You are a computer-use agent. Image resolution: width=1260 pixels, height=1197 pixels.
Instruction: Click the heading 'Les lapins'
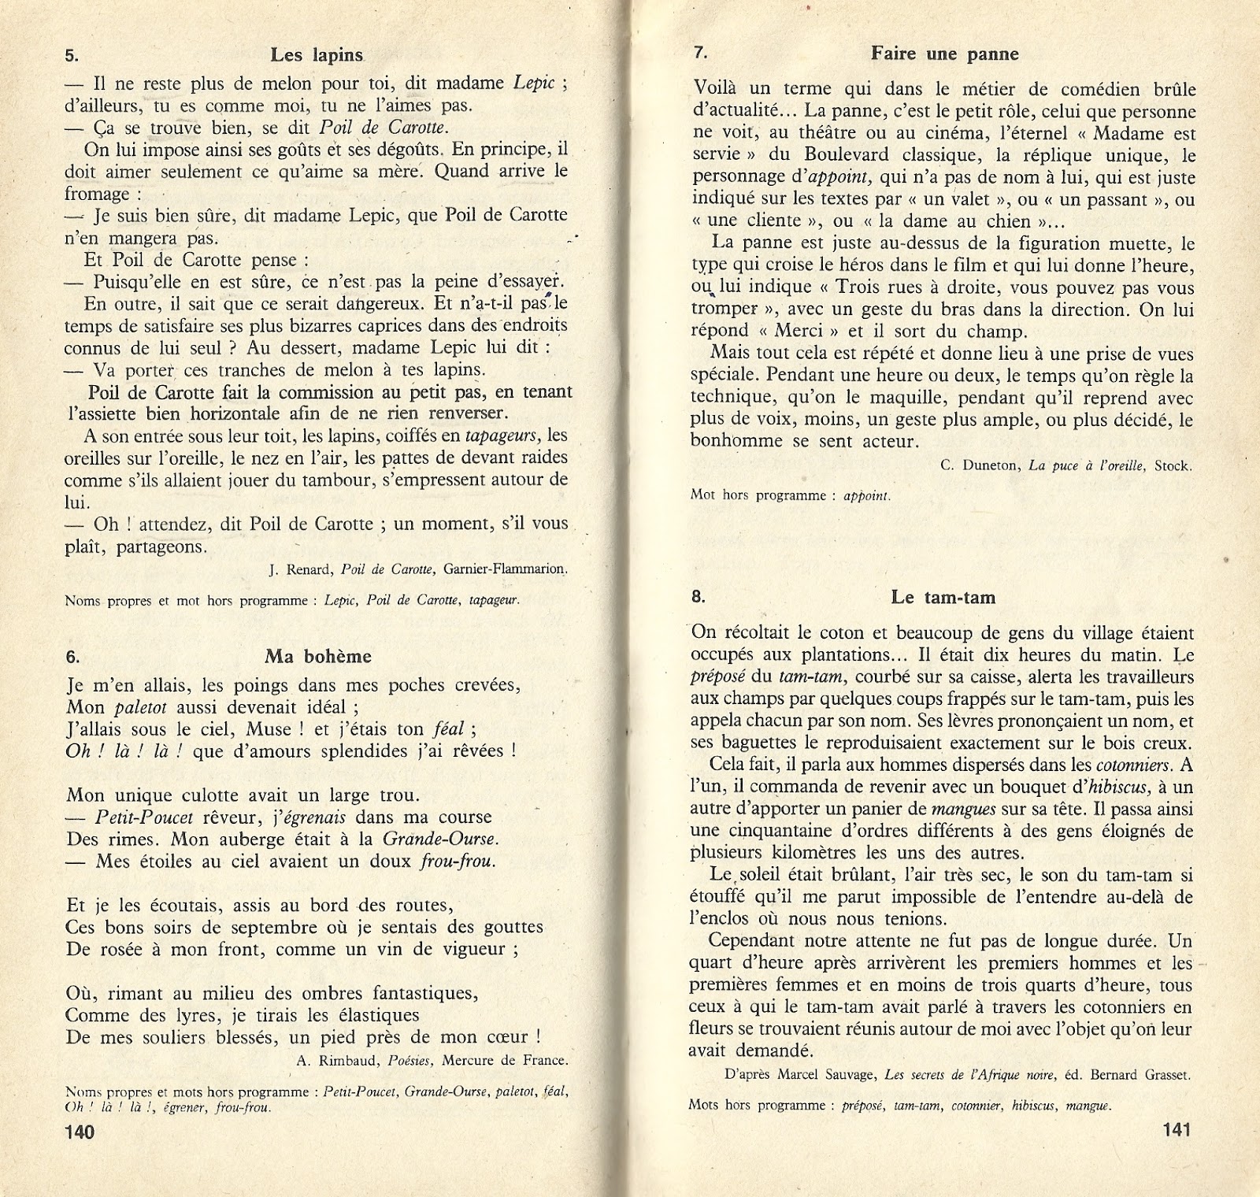[x=317, y=55]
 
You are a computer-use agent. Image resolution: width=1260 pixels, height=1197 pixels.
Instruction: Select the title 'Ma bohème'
[x=318, y=656]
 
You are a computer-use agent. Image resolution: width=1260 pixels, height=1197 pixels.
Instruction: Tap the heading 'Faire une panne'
[x=944, y=54]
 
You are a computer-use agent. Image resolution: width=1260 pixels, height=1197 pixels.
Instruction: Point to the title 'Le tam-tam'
[x=943, y=598]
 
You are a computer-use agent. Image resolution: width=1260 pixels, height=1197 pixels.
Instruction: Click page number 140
[x=80, y=1132]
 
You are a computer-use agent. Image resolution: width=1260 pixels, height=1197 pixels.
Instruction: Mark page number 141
[x=1176, y=1130]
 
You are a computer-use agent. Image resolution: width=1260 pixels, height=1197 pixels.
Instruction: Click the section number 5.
[x=72, y=56]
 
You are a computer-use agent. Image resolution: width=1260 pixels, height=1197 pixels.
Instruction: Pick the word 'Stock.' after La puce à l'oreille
[x=1173, y=465]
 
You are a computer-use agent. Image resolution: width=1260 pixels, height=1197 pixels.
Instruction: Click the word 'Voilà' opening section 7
[x=717, y=89]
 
